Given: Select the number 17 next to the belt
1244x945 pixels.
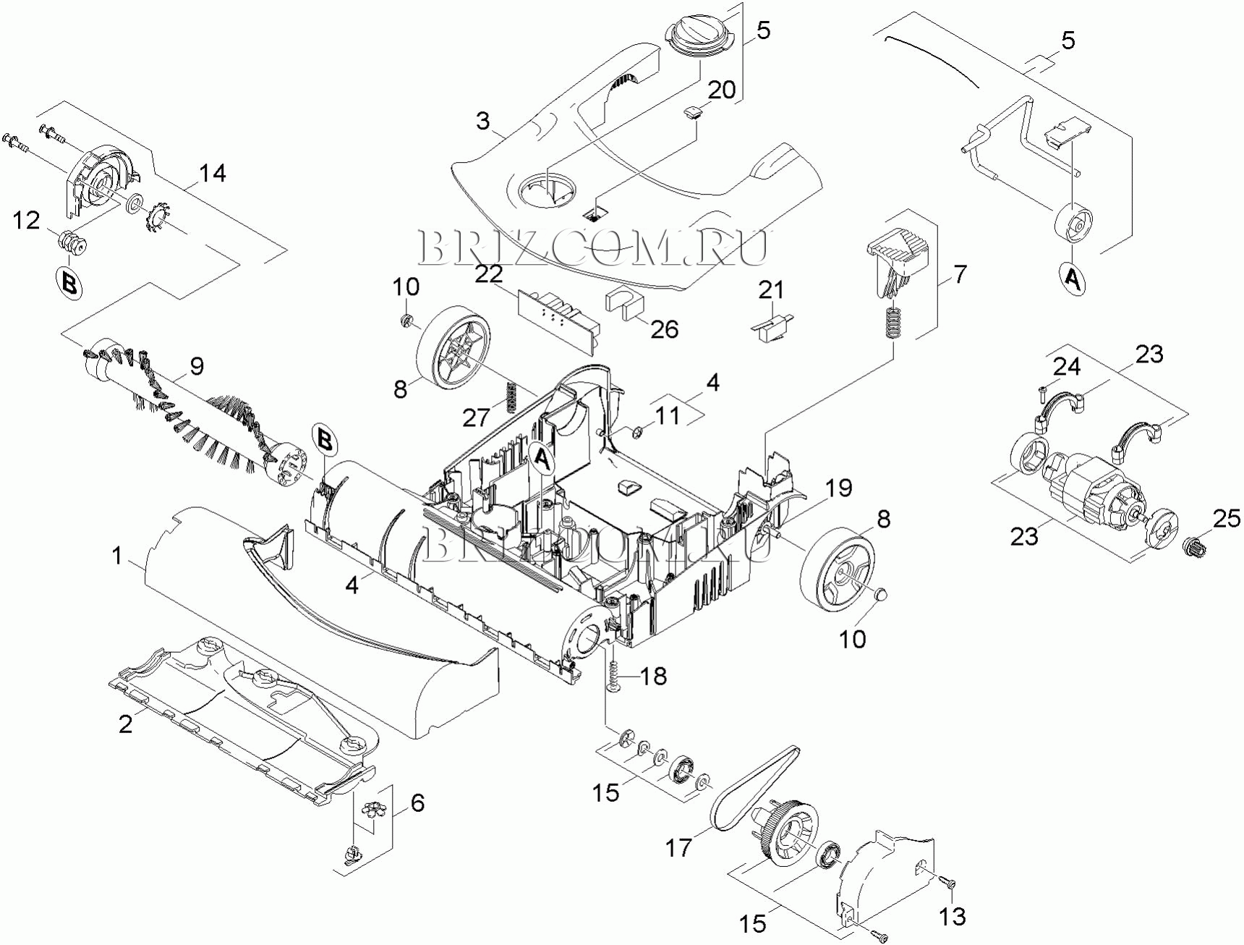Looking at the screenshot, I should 679,847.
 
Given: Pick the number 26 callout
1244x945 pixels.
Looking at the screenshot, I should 665,329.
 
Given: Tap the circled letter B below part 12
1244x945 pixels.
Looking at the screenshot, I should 69,283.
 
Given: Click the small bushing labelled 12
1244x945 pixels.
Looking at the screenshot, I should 72,242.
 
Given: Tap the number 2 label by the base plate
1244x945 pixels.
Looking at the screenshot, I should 126,723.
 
